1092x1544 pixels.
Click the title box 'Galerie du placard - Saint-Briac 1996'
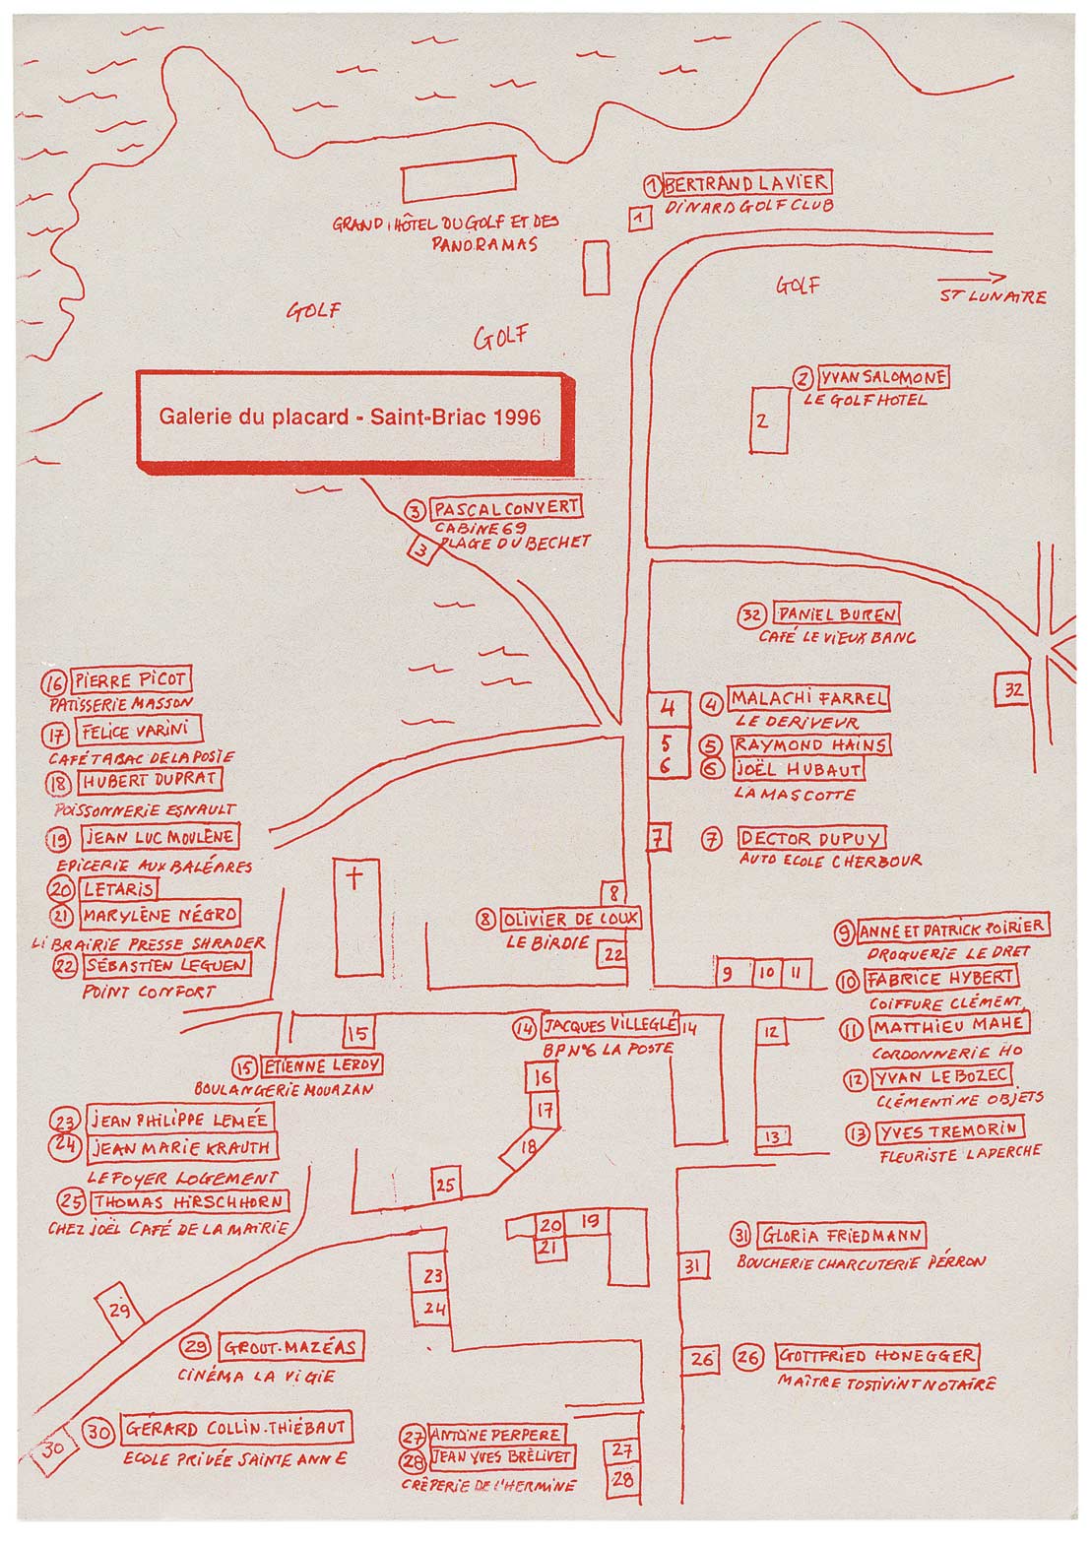[x=351, y=417]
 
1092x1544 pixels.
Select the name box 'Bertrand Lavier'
[x=746, y=183]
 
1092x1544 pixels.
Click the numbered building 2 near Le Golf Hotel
[x=768, y=420]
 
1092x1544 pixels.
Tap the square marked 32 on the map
[x=1014, y=690]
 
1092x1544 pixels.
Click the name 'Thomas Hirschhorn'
[x=189, y=1202]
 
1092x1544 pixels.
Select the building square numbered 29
[x=120, y=1311]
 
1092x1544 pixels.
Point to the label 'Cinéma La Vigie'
[x=257, y=1376]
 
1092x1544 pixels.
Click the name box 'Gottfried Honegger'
[x=877, y=1356]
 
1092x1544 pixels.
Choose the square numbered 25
[x=446, y=1186]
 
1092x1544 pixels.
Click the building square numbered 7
[x=658, y=838]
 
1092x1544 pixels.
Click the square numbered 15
[x=358, y=1033]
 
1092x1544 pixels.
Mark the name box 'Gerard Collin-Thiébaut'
[x=236, y=1429]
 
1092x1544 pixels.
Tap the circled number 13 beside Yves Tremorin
[x=858, y=1133]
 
